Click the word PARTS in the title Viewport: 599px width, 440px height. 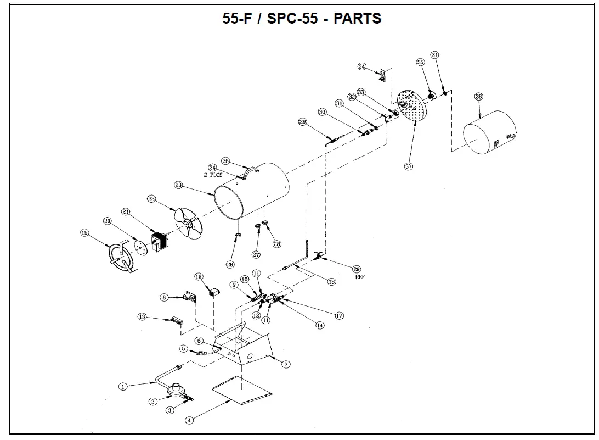pyautogui.click(x=358, y=18)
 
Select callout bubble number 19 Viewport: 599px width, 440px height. pyautogui.click(x=84, y=233)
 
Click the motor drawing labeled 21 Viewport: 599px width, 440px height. pyautogui.click(x=159, y=243)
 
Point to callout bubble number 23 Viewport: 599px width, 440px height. pyautogui.click(x=178, y=185)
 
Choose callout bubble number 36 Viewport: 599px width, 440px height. pyautogui.click(x=478, y=97)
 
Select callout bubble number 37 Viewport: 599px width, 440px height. pyautogui.click(x=408, y=166)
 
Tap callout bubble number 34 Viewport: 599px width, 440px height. pyautogui.click(x=361, y=66)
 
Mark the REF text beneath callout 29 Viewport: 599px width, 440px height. pyautogui.click(x=360, y=277)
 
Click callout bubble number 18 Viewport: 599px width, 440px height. pyautogui.click(x=331, y=282)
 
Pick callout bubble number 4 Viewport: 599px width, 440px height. pyautogui.click(x=189, y=420)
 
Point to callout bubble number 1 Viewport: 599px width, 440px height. pyautogui.click(x=123, y=386)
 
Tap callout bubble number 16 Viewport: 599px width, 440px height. pyautogui.click(x=199, y=276)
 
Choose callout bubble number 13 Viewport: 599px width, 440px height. pyautogui.click(x=142, y=317)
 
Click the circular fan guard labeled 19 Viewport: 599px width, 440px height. pyautogui.click(x=122, y=258)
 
